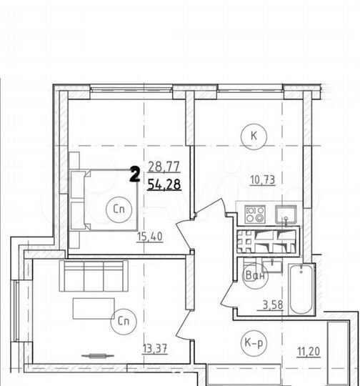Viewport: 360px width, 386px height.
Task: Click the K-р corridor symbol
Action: pos(254,343)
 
